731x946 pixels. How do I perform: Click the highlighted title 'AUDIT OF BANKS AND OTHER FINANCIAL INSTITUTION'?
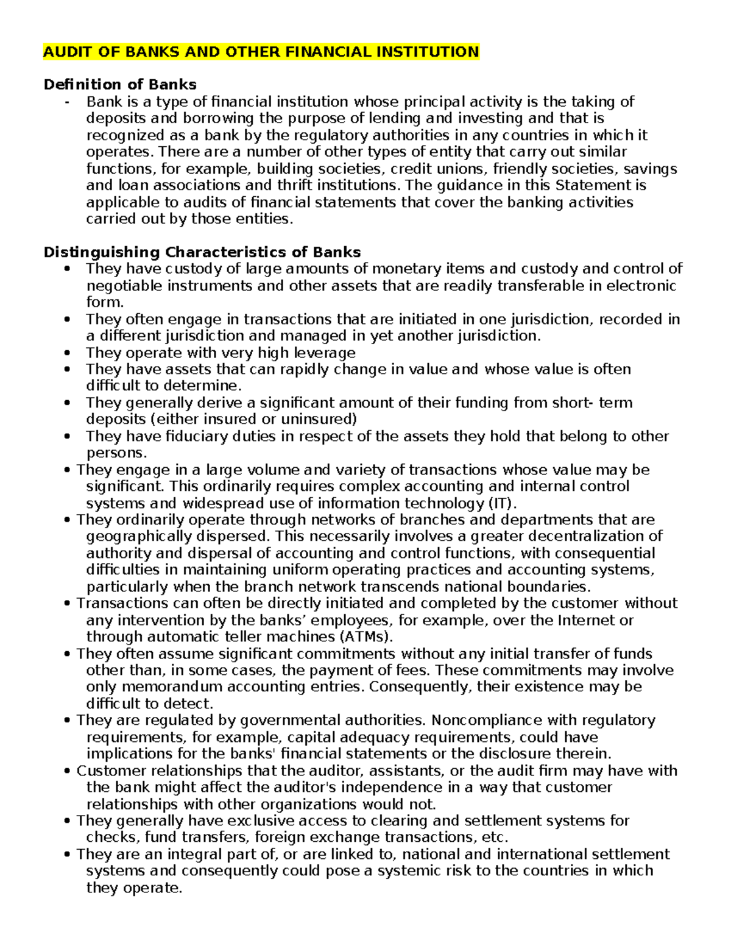[261, 52]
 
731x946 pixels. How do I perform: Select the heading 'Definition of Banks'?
[120, 84]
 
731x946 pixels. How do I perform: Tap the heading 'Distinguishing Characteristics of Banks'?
[202, 252]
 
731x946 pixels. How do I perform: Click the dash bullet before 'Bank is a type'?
[66, 102]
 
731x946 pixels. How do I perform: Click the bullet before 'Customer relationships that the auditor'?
[67, 771]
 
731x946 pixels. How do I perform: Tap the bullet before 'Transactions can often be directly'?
[67, 604]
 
